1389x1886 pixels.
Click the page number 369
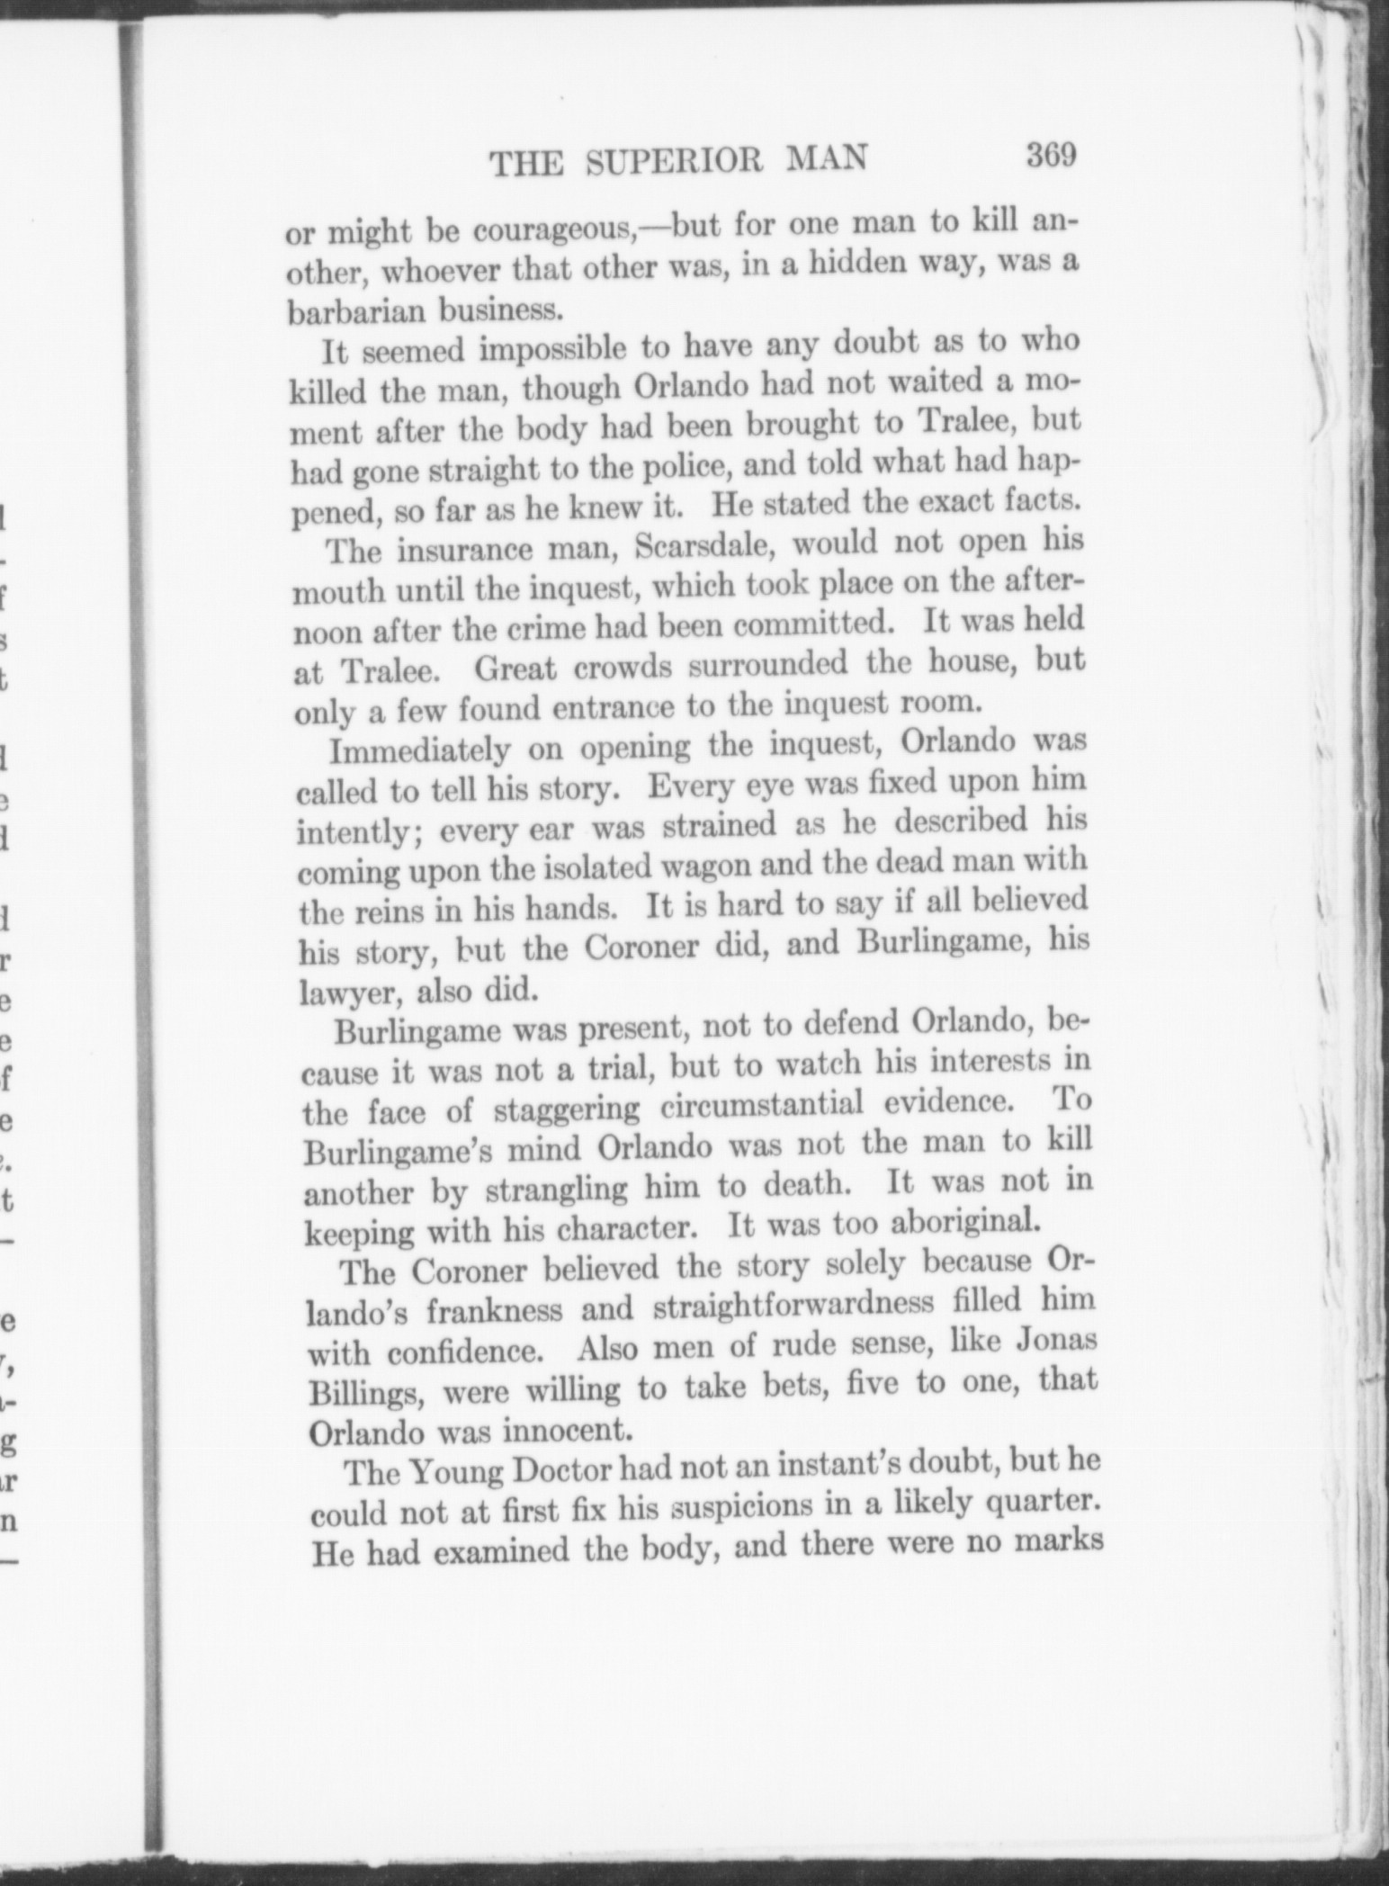[1050, 154]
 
